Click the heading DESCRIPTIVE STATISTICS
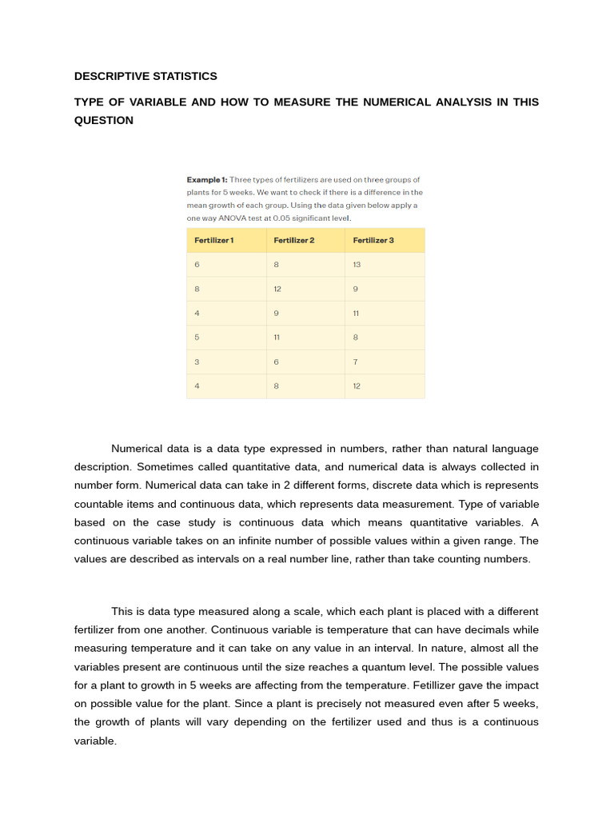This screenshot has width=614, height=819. click(x=146, y=76)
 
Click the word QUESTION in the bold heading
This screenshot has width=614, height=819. click(x=104, y=120)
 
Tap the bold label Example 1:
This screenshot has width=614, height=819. click(x=207, y=180)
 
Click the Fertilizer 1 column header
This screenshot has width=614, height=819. click(x=213, y=240)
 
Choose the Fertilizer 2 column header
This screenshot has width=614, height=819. click(x=293, y=240)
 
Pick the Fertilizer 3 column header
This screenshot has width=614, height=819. click(x=373, y=240)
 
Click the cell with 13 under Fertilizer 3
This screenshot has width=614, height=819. click(x=357, y=265)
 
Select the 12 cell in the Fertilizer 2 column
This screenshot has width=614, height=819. click(x=277, y=289)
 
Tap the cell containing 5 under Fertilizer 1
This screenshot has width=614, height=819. click(x=197, y=338)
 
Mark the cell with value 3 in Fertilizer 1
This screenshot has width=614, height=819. click(x=197, y=362)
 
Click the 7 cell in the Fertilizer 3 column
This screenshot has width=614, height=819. click(x=356, y=362)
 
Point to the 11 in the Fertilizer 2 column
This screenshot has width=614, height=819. click(x=277, y=338)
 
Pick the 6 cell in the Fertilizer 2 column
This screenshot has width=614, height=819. click(x=276, y=362)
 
